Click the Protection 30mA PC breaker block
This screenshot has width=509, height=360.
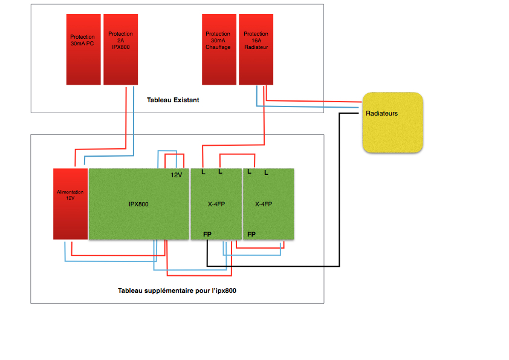pyautogui.click(x=83, y=50)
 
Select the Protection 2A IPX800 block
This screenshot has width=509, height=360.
pyautogui.click(x=121, y=50)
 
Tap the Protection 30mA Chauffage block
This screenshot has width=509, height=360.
pyautogui.click(x=219, y=50)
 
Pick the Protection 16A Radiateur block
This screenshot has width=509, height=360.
pyautogui.click(x=256, y=50)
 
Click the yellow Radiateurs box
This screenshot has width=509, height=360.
pyautogui.click(x=393, y=122)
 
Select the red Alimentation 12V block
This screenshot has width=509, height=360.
pyautogui.click(x=71, y=204)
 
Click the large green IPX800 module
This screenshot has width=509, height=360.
pyautogui.click(x=139, y=204)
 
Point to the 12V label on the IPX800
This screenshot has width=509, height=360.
pyautogui.click(x=177, y=175)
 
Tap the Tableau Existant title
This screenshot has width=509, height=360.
pyautogui.click(x=173, y=100)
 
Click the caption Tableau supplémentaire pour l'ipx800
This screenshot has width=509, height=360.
pyautogui.click(x=177, y=291)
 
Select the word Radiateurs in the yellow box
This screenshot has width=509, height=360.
pyautogui.click(x=382, y=113)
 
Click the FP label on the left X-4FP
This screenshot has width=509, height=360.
pyautogui.click(x=207, y=234)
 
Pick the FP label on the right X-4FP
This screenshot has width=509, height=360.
pyautogui.click(x=251, y=234)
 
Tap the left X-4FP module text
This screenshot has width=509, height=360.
pyautogui.click(x=216, y=204)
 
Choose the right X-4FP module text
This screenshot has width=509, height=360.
pyautogui.click(x=264, y=204)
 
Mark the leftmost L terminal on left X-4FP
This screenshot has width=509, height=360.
pyautogui.click(x=204, y=172)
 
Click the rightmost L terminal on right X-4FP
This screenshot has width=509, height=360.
pyautogui.click(x=266, y=173)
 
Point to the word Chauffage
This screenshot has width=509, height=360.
pyautogui.click(x=218, y=47)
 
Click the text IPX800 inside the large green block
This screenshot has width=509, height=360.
pyautogui.click(x=138, y=205)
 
